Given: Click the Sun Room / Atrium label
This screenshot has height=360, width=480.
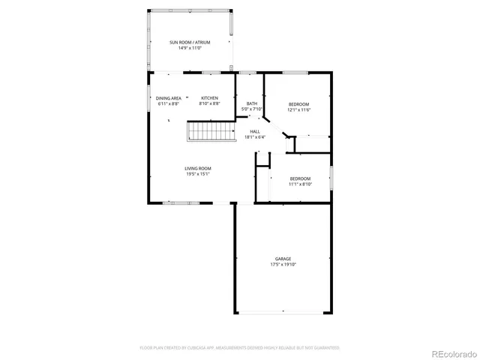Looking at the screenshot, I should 189,43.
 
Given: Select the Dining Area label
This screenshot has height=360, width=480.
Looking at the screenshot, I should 169,98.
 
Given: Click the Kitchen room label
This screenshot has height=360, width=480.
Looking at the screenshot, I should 209,98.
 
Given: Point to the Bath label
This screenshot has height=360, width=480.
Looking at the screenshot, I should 251,103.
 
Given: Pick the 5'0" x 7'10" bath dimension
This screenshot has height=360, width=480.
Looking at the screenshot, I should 251,109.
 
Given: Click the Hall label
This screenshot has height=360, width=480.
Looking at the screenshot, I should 255,131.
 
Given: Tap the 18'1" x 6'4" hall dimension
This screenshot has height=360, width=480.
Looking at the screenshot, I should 255,137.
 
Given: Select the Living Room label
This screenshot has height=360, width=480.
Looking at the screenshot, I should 198,168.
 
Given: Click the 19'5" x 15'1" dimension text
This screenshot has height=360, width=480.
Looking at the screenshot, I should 198,174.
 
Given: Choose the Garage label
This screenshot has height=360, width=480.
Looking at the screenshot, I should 282,259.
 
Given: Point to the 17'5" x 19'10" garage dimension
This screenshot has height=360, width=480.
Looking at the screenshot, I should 282,265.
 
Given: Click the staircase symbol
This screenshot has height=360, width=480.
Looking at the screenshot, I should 202,133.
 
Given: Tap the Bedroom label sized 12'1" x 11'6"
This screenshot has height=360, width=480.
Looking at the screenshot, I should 298,103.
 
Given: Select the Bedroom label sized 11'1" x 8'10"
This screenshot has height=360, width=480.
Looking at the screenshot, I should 300,178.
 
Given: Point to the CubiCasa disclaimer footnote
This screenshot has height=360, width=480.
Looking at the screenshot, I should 240,348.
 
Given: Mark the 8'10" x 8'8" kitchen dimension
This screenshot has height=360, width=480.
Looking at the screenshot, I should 209,104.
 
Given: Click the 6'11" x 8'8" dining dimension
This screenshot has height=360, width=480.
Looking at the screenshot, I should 169,104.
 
